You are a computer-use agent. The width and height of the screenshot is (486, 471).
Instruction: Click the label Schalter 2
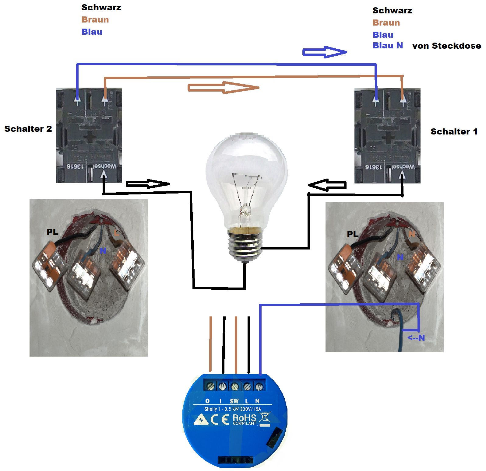[28, 129]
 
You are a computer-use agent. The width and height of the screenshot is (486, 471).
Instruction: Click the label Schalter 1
[454, 131]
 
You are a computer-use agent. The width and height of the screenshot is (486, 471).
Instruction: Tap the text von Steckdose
[446, 46]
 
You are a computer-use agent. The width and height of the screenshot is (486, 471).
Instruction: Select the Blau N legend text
[388, 46]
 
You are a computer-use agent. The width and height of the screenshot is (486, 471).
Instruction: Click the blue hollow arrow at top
[325, 52]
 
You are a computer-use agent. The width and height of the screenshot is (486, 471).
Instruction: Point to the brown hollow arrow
[224, 88]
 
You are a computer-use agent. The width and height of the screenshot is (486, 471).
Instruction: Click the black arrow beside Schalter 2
[148, 184]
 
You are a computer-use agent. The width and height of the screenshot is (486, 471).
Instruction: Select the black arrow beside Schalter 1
[327, 185]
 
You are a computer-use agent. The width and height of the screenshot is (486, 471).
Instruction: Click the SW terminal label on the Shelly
[234, 401]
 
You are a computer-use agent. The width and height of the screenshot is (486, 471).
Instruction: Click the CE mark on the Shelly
[220, 419]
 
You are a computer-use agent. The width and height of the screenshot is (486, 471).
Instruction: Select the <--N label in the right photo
[416, 338]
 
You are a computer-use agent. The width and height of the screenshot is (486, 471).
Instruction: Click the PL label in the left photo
[52, 232]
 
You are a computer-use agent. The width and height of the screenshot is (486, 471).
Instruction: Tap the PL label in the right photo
[353, 234]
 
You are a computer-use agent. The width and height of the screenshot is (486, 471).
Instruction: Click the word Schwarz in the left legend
[101, 8]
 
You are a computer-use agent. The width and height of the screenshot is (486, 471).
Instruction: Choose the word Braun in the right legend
[386, 23]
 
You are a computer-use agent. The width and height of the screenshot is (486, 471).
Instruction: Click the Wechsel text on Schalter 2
[104, 166]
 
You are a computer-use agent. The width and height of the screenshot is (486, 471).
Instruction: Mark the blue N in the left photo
[103, 250]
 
